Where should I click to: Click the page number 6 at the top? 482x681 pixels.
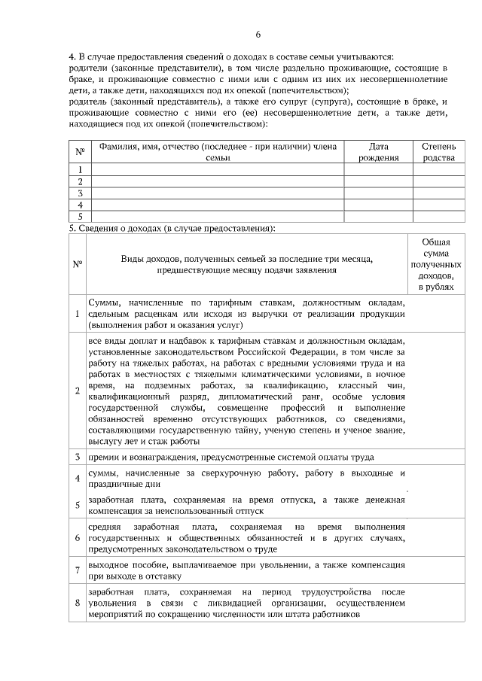tap(258, 35)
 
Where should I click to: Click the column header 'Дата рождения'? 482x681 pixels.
tap(378, 152)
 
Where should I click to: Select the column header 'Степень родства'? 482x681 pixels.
tap(438, 152)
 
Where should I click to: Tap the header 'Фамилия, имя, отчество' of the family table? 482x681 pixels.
tap(217, 152)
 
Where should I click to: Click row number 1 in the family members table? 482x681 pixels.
tap(80, 170)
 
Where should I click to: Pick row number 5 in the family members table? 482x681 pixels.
tap(80, 216)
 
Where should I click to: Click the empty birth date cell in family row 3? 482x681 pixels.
tap(378, 193)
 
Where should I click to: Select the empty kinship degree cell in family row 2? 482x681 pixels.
tap(438, 181)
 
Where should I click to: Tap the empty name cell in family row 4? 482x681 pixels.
tap(217, 205)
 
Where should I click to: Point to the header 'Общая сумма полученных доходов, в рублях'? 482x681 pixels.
tap(436, 264)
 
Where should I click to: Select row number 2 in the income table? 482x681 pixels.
tap(78, 390)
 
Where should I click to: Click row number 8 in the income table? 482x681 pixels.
tap(78, 603)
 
